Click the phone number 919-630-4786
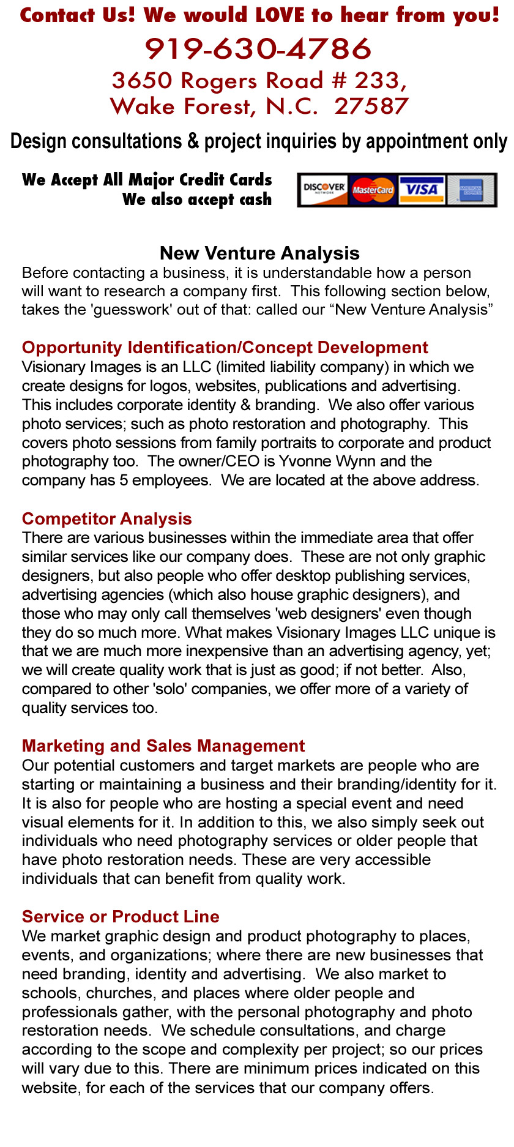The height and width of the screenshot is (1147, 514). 258,49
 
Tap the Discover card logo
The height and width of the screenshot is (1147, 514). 324,190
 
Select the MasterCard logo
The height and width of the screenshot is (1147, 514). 373,190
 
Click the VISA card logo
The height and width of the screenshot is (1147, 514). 422,190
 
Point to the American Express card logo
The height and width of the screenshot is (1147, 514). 471,190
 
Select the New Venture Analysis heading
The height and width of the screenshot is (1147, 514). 259,253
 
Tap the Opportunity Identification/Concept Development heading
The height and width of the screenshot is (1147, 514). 225,348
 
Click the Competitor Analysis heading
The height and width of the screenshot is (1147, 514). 106,518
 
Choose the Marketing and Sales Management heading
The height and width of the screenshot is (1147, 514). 163,745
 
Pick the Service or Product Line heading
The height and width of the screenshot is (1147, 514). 121,916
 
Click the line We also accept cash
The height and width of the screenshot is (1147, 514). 196,200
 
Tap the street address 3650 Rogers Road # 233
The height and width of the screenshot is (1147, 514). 259,81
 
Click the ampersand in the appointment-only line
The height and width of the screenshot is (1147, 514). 193,141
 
